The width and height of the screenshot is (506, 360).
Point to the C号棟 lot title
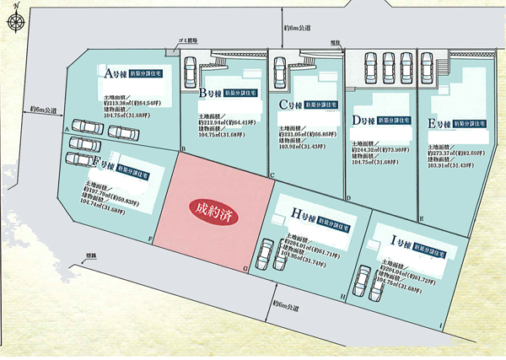click(291, 105)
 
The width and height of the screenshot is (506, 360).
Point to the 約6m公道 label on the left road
click(44, 110)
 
